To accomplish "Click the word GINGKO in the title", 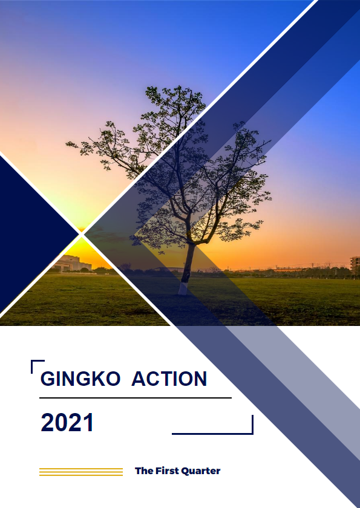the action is (80, 379).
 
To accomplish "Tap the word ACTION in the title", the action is (169, 379).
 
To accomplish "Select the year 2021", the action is (67, 422).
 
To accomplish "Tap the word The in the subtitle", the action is (144, 471).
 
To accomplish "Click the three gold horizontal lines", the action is (81, 472).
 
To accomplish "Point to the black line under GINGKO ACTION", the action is (136, 397).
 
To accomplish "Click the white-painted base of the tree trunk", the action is (183, 288).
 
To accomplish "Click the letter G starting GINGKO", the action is (48, 379).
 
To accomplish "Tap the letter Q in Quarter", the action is (185, 471).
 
